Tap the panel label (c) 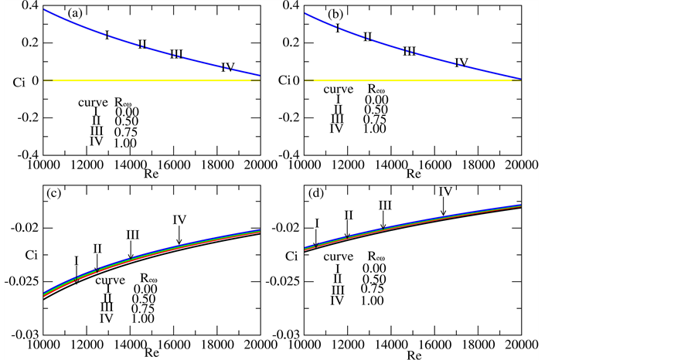tap(56, 195)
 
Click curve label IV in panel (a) tap(227, 67)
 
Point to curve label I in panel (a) tap(107, 35)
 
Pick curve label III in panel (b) tap(410, 51)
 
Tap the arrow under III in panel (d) tap(383, 218)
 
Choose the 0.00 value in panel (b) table tap(376, 100)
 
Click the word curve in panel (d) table tap(339, 256)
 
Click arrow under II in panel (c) tap(97, 262)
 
